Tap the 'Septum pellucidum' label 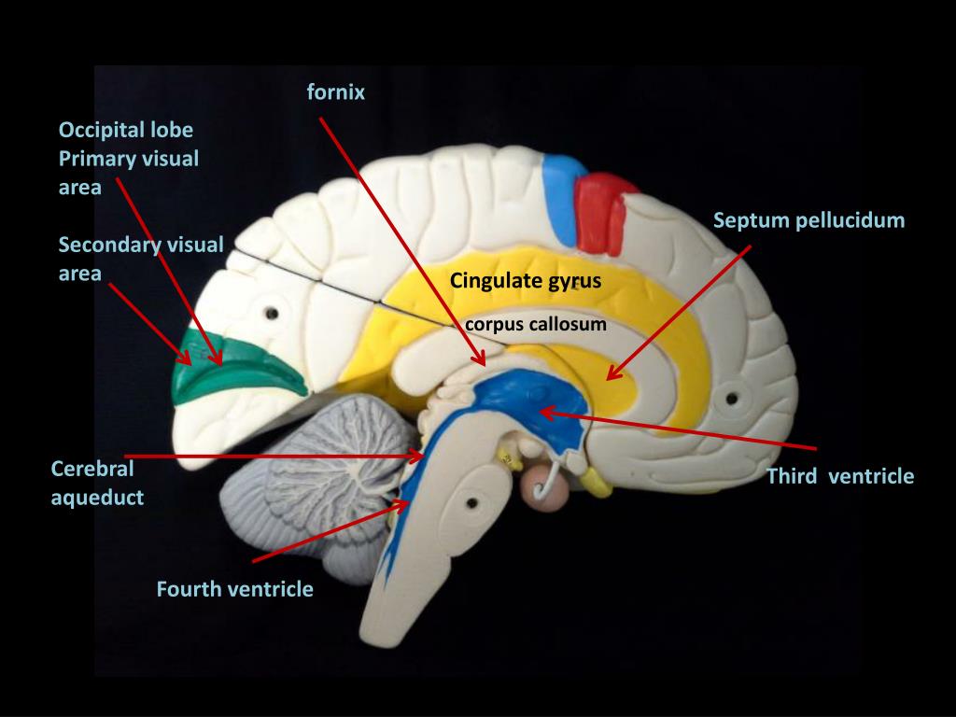808,221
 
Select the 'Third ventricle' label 839,477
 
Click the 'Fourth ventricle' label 234,589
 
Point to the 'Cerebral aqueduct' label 97,483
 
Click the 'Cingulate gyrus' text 525,280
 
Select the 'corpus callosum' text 537,325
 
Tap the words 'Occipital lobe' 126,129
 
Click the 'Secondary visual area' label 140,259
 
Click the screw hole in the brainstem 472,502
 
